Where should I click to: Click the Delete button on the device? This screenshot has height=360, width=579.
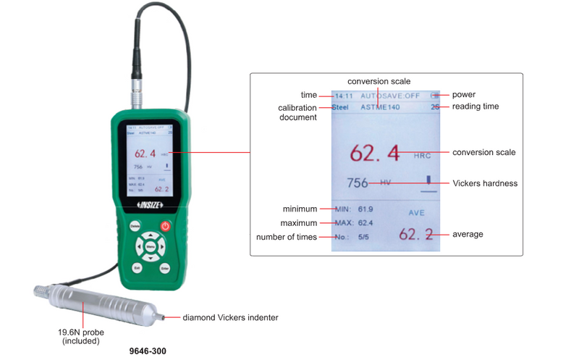[x=135, y=226]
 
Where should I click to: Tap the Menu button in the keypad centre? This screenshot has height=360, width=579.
[x=151, y=246]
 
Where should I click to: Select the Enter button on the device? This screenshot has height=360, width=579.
[x=165, y=268]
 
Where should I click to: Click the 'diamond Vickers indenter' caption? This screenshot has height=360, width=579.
[x=230, y=317]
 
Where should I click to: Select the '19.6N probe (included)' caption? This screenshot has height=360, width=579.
[x=81, y=336]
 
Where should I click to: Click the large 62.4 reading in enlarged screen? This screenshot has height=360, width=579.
[x=375, y=153]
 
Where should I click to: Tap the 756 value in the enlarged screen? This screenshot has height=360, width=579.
[x=358, y=183]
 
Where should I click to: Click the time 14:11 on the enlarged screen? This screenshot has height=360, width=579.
[x=343, y=95]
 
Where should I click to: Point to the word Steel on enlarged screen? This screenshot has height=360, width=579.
[x=340, y=107]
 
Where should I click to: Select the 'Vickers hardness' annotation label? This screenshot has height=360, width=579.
[x=485, y=183]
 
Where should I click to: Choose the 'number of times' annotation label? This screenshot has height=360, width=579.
[x=287, y=237]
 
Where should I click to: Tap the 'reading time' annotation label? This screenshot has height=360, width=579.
[x=476, y=106]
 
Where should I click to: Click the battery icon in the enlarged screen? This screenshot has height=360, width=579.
[x=434, y=95]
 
